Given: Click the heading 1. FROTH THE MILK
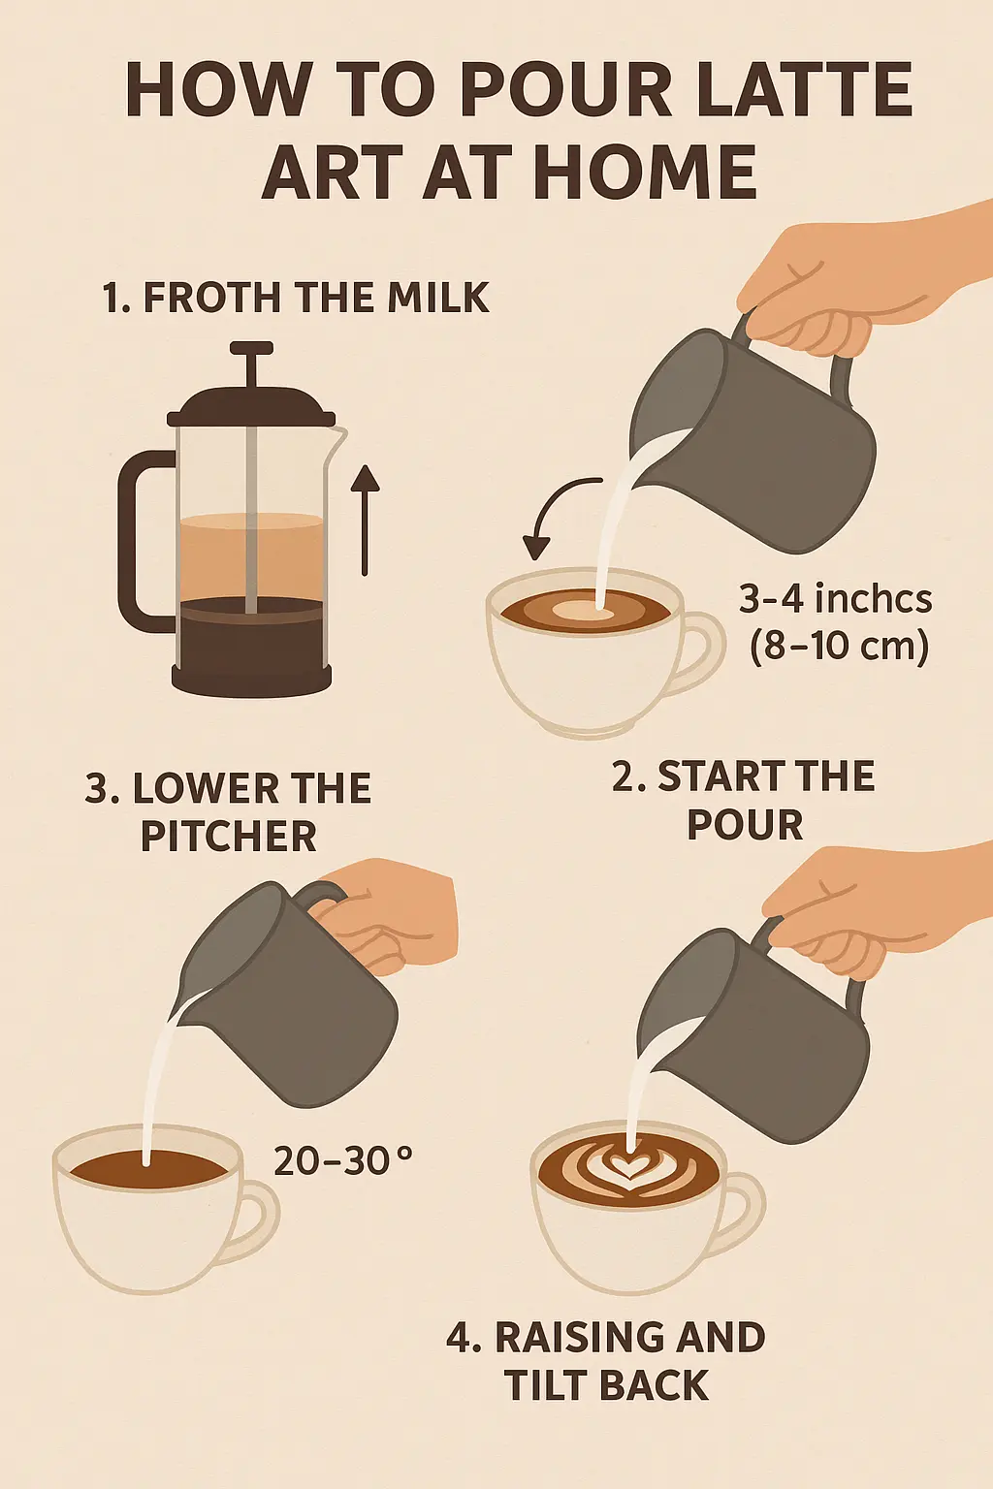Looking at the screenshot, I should pyautogui.click(x=296, y=298).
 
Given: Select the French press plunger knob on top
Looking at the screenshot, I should pyautogui.click(x=251, y=349).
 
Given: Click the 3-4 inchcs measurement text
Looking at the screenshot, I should pyautogui.click(x=835, y=599).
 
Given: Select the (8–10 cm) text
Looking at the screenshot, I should pyautogui.click(x=839, y=646).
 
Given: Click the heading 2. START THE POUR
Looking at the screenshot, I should pyautogui.click(x=744, y=800).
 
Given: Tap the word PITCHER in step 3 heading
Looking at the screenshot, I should pyautogui.click(x=229, y=837).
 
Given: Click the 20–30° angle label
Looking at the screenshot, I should pyautogui.click(x=342, y=1160).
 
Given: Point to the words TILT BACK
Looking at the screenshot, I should pyautogui.click(x=607, y=1384).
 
